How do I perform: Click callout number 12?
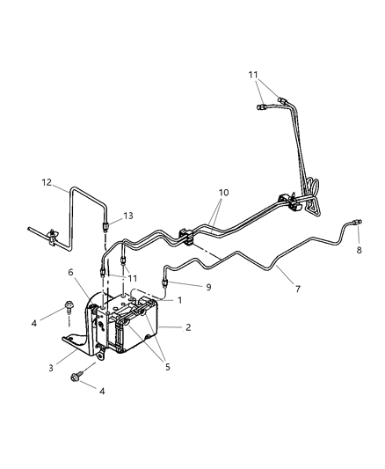coord(46,183)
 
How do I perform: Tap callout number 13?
coord(128,216)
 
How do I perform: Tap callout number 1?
coord(179,300)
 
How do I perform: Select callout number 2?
coord(187,327)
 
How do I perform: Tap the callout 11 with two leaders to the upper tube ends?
coord(255,77)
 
